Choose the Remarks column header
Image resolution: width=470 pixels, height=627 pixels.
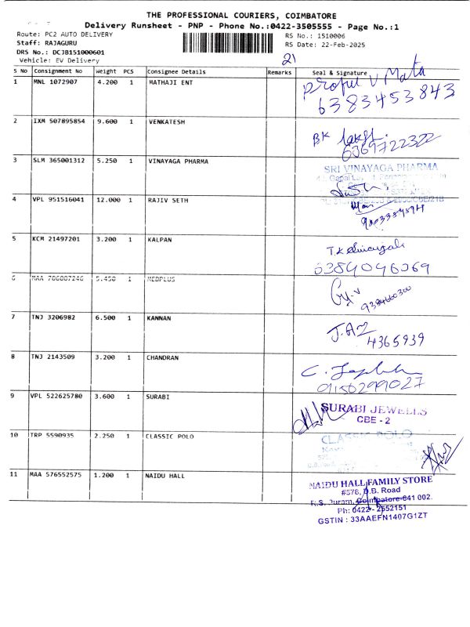tap(279, 71)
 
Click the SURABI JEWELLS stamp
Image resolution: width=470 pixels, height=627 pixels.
tap(376, 412)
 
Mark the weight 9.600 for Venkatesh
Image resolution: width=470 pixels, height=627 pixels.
tap(106, 122)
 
